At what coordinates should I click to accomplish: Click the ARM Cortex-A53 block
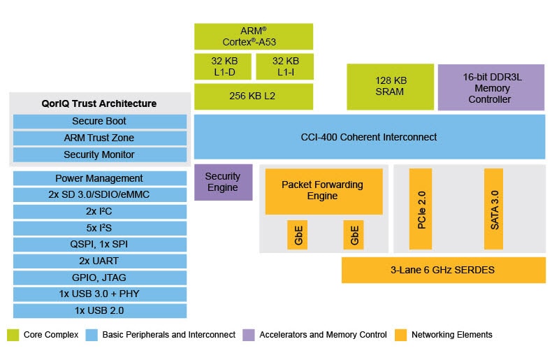click(x=253, y=36)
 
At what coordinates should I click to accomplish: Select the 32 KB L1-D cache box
click(x=222, y=66)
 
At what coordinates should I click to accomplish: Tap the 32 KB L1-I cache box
click(x=284, y=66)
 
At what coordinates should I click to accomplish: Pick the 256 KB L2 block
click(x=253, y=96)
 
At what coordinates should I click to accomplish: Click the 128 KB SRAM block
click(x=389, y=87)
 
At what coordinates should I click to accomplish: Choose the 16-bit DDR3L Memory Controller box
click(x=491, y=87)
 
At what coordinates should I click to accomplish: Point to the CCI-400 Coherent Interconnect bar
click(x=369, y=137)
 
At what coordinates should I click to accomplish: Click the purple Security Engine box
click(x=222, y=182)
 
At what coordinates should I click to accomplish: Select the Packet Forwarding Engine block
click(x=324, y=190)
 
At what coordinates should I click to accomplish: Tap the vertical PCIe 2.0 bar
click(x=421, y=208)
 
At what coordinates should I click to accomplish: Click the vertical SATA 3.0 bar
click(x=493, y=208)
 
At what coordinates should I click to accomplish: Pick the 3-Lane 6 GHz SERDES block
click(x=443, y=270)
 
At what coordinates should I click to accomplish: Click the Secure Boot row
click(x=99, y=121)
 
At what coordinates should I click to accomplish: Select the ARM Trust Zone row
click(x=99, y=138)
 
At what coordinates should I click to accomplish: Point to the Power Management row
click(x=99, y=178)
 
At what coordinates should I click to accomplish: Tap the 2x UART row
click(x=99, y=261)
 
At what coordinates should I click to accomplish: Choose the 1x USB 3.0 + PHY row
click(x=99, y=294)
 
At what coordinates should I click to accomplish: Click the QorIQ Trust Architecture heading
click(x=99, y=103)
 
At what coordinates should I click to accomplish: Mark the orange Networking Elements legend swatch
click(x=400, y=335)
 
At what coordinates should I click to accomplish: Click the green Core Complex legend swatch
click(x=13, y=335)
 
